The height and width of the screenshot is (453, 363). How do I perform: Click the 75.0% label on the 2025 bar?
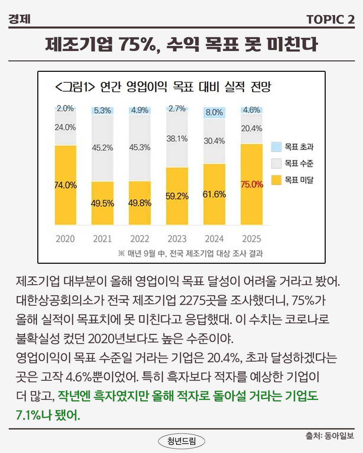(x=252, y=185)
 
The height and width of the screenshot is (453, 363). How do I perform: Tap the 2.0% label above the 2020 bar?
(x=65, y=108)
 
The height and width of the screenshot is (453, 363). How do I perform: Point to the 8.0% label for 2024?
(x=214, y=112)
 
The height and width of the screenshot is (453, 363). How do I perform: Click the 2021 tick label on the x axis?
(x=103, y=239)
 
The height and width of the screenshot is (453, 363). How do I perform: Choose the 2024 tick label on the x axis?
(x=214, y=239)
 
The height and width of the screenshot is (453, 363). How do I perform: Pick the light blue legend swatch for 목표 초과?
(x=276, y=147)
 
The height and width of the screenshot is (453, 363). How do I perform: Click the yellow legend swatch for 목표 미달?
(x=276, y=180)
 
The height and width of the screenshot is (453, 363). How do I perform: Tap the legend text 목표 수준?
(x=299, y=163)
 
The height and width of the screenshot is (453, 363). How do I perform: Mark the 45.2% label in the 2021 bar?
(x=103, y=148)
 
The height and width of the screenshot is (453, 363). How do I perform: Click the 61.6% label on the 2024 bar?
(x=214, y=194)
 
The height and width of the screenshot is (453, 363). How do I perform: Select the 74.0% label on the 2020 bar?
(x=66, y=185)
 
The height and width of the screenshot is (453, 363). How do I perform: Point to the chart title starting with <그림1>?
(x=163, y=87)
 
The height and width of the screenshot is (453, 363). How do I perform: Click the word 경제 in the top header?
(x=19, y=19)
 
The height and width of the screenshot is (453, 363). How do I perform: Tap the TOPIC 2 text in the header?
(x=330, y=19)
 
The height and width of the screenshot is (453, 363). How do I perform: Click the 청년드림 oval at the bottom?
(x=182, y=441)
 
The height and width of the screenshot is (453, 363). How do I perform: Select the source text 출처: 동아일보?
(x=329, y=436)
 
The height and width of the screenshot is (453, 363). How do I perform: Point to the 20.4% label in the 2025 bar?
(x=251, y=128)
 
